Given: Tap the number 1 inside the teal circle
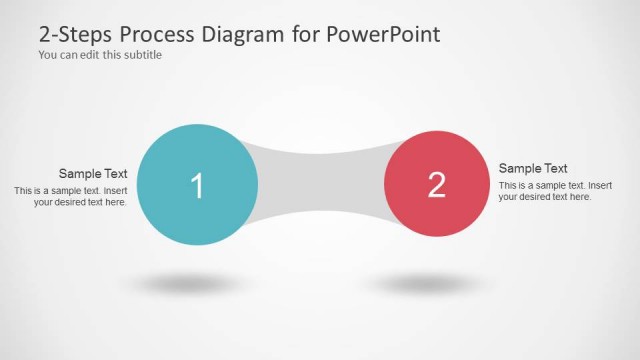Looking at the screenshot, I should coord(197,186).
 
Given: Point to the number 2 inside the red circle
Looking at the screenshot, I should coord(436,184).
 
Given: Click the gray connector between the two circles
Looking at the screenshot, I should coord(320,184).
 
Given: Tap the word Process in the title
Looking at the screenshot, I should coord(159,34).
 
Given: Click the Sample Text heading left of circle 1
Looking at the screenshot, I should coord(93,173).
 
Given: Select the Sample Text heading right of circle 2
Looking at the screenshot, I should coord(533,168).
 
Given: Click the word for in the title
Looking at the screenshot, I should coord(305,34).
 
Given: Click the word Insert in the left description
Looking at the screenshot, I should coord(116,190).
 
